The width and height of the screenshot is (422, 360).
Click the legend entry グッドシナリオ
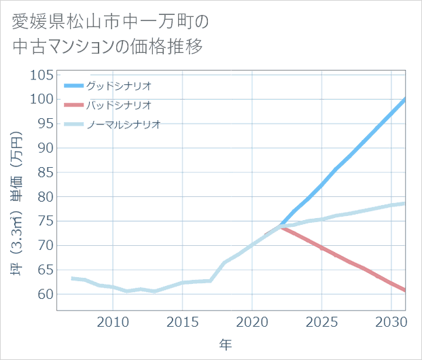[118, 86]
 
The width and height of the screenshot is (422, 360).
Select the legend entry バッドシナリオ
[118, 105]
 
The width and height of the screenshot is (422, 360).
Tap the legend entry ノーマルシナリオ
[123, 124]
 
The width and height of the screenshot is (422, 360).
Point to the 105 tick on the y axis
[41, 75]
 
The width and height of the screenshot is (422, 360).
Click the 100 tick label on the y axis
[41, 99]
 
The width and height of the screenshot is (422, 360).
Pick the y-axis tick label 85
[44, 173]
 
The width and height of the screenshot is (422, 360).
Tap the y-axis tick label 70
[44, 246]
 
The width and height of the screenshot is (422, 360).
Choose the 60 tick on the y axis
[44, 295]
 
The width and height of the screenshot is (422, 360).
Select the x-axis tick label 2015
[182, 321]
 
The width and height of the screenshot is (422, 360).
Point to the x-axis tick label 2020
[252, 321]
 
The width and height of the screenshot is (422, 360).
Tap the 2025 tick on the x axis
[322, 321]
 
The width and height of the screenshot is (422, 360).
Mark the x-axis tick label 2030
[391, 321]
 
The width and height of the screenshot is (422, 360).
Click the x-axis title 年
[226, 345]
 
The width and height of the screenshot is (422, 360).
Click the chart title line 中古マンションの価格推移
[107, 47]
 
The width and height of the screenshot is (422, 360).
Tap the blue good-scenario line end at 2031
[405, 99]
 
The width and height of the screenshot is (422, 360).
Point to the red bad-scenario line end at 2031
[405, 291]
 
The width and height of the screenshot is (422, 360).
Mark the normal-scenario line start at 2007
[71, 278]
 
